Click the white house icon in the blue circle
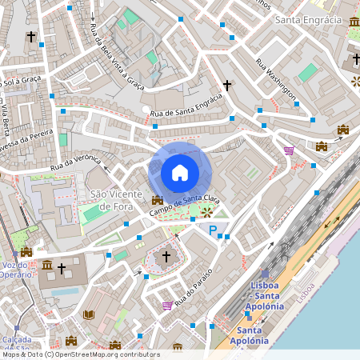tap(180, 172)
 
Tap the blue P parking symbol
tap(213, 231)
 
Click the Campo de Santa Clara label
tap(185, 204)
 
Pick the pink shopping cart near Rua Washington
tap(289, 150)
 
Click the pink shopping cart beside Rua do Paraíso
tap(166, 305)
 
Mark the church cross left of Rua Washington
tap(227, 84)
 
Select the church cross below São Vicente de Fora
tap(166, 257)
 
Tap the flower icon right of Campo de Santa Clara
tap(207, 212)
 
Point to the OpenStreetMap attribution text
tap(80, 354)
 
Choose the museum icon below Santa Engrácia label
tap(354, 31)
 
